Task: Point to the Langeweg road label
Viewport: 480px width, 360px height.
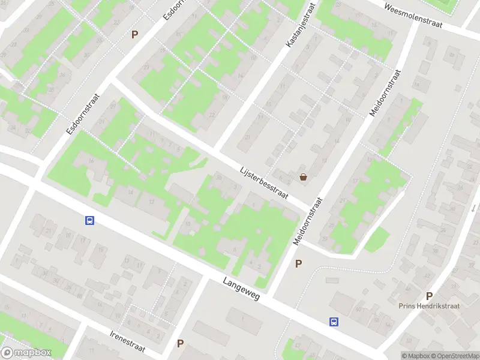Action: click(x=241, y=289)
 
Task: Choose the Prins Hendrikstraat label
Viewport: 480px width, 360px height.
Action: click(x=429, y=305)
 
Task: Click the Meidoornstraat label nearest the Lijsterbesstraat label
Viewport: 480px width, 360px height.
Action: click(x=308, y=220)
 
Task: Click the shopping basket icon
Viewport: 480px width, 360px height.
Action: click(x=304, y=177)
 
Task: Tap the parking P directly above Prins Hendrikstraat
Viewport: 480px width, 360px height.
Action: click(x=429, y=296)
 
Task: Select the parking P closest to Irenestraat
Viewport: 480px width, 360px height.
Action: click(x=180, y=344)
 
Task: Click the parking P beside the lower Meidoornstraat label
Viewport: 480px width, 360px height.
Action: click(x=298, y=263)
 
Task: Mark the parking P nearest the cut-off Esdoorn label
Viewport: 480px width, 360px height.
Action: click(x=135, y=35)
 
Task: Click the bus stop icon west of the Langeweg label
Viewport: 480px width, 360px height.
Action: click(x=89, y=220)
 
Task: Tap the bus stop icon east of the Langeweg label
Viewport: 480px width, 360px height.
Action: click(x=333, y=322)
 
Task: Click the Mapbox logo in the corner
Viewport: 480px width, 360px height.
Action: click(x=26, y=353)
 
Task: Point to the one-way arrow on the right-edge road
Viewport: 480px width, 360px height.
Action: click(x=473, y=208)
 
